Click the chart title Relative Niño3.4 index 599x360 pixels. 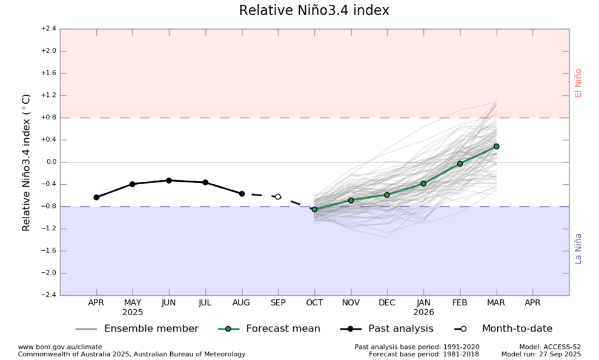click(314, 11)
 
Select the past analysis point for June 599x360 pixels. click(169, 181)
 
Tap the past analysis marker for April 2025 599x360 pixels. click(96, 197)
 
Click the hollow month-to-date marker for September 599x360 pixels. click(278, 196)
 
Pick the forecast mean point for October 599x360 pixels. click(314, 209)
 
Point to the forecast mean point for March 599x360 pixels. click(496, 146)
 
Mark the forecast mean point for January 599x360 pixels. click(423, 184)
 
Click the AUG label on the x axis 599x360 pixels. click(242, 302)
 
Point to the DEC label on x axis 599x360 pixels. click(387, 302)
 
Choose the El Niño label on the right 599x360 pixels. click(578, 83)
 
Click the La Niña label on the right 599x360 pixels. click(578, 248)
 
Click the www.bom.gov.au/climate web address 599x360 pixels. click(60, 347)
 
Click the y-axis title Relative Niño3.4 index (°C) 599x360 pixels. click(27, 162)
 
